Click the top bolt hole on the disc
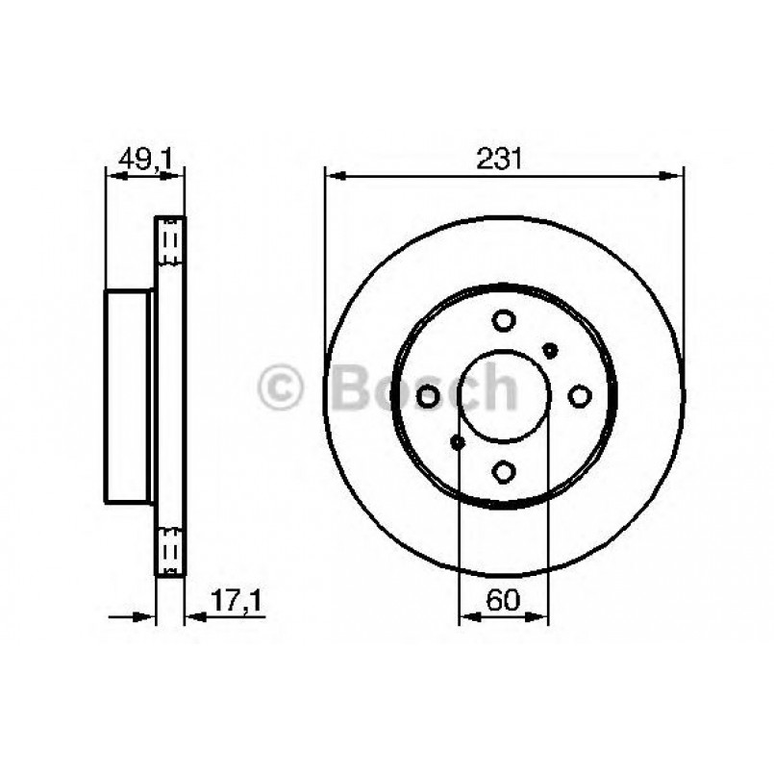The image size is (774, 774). click(x=504, y=321)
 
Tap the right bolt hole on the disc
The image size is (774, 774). click(x=580, y=395)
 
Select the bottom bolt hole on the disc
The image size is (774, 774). click(x=504, y=470)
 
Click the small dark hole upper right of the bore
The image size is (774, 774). click(x=550, y=350)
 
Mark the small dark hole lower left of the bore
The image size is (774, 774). click(x=458, y=441)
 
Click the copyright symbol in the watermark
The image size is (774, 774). click(x=281, y=388)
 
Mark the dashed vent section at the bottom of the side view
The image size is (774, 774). click(x=170, y=553)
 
